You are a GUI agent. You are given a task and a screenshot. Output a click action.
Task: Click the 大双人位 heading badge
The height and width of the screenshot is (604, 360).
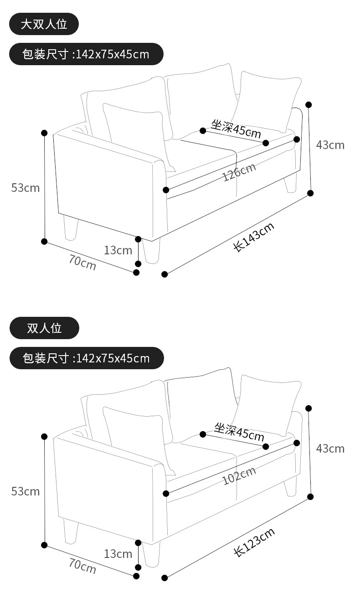coord(44,24)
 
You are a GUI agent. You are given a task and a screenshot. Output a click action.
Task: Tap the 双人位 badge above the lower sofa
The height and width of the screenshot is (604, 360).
coord(44,328)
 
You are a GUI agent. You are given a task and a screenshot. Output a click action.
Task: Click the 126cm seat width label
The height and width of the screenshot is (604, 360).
coord(239,171)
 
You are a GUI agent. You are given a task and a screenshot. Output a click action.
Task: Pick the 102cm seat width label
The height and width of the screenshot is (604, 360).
coord(239,475)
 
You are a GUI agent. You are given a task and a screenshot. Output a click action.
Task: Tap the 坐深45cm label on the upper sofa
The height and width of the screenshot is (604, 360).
coord(236,128)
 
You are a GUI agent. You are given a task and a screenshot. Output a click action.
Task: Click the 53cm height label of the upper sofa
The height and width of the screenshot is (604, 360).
coord(26,187)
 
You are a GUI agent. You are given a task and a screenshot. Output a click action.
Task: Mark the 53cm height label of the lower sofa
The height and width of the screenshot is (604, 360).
coord(26,491)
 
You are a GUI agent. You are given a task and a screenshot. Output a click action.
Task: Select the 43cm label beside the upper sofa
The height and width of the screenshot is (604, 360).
coord(330,145)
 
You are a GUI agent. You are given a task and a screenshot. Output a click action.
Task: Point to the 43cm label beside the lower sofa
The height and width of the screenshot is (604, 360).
coord(330,449)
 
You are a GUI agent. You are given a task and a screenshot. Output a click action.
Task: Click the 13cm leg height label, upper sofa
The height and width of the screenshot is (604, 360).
coord(118,250)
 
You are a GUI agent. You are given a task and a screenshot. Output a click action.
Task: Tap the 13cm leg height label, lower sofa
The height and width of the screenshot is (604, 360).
coord(118,554)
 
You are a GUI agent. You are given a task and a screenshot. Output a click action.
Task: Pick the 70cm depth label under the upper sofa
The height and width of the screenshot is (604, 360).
coord(82,262)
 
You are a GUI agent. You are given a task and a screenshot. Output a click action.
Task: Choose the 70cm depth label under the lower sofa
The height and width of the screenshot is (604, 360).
coord(82,566)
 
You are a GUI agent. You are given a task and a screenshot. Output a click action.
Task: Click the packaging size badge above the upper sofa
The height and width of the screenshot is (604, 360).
coord(86,54)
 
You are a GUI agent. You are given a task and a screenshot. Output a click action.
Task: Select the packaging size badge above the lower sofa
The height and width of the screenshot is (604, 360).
coord(87,358)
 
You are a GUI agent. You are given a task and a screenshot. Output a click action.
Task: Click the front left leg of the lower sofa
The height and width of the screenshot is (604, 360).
coord(151,555)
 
